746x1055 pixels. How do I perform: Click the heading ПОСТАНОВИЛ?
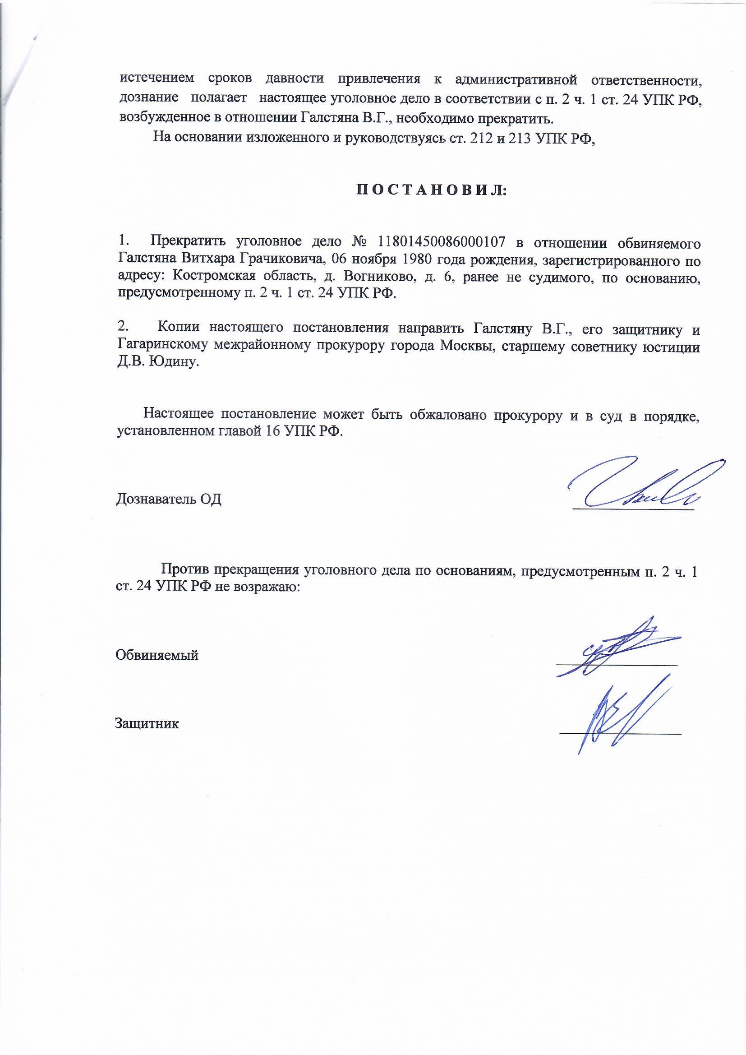click(431, 190)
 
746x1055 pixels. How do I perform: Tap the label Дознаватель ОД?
click(169, 499)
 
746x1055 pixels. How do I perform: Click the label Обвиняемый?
click(157, 654)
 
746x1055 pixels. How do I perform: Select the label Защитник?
click(147, 723)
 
